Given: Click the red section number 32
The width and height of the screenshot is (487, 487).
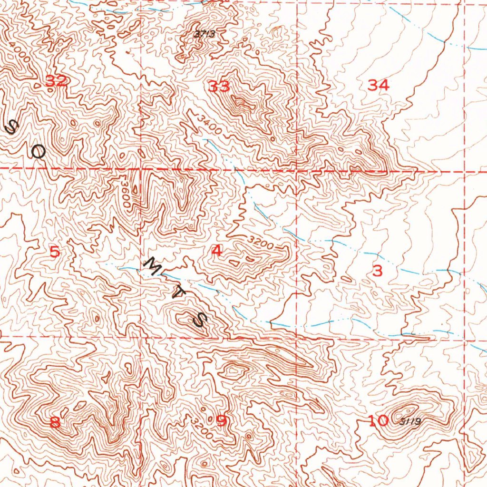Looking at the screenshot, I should [56, 81].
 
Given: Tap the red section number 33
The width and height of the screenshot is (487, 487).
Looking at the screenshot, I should [219, 87].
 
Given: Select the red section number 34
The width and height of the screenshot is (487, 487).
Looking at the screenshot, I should [379, 86].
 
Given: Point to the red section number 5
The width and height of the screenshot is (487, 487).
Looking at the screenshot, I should [55, 252].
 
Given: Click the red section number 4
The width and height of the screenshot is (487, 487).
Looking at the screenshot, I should [217, 251].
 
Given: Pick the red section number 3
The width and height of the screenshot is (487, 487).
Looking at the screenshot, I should [377, 271].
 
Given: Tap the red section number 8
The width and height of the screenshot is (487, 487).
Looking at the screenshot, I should [55, 422].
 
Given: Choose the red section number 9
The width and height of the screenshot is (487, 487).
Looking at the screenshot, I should [222, 420].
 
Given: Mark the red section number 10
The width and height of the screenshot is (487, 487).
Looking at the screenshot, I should [379, 420].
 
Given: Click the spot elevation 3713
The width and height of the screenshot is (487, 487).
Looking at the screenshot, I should [205, 34].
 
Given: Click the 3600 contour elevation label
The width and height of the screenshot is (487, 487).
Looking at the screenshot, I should [125, 193].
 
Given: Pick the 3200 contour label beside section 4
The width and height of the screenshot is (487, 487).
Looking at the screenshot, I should [261, 243].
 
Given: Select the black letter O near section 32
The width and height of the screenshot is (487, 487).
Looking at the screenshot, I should [38, 152].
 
